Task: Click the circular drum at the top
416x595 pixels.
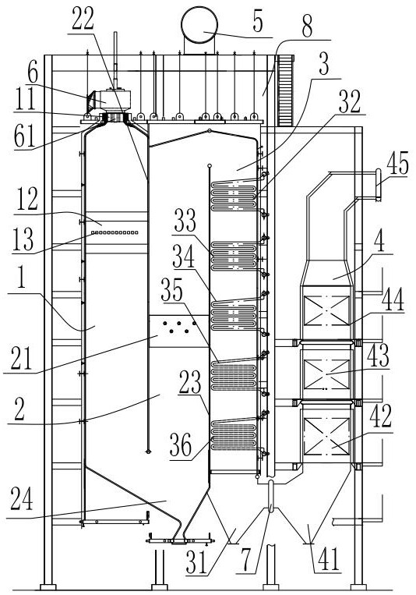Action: point(199,26)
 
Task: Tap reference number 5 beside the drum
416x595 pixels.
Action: point(258,23)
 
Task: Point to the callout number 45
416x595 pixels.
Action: point(398,164)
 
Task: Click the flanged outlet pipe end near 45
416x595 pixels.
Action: point(378,185)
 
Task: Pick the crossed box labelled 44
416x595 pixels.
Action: point(327,311)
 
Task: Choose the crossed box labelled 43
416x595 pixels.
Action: point(327,374)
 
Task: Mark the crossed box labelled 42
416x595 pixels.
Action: point(327,437)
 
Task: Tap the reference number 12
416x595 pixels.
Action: point(27,200)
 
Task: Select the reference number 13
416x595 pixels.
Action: point(23,240)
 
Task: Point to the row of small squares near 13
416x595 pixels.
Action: point(115,232)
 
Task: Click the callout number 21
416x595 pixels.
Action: point(21,359)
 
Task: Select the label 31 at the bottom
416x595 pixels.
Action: point(197,562)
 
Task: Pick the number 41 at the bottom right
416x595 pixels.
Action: point(329,559)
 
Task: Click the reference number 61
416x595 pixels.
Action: point(24,136)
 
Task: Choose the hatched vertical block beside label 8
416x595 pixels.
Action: point(286,90)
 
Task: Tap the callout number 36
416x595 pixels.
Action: point(181,445)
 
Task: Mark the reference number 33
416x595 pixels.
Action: point(185,221)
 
